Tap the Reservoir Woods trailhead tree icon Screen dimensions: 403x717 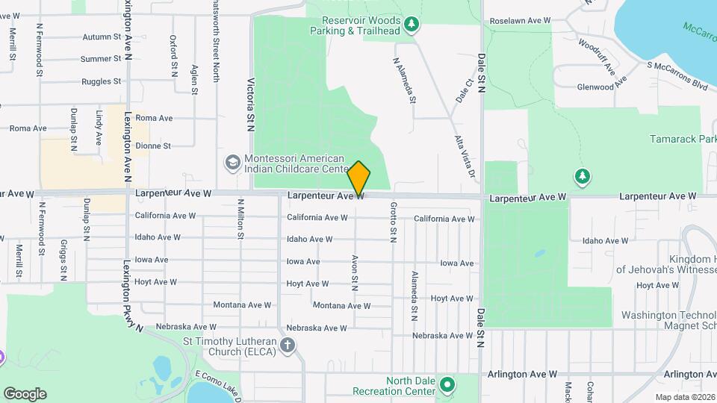(412, 26)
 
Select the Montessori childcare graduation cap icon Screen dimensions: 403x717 (232, 163)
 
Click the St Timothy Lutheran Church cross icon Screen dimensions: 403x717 (288, 345)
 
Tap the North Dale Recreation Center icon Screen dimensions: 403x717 (447, 385)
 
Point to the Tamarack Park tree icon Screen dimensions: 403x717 (583, 176)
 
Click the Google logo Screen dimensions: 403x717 (25, 394)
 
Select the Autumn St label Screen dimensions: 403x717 (102, 37)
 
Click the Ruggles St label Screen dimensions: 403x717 (102, 81)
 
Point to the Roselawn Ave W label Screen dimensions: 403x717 (525, 21)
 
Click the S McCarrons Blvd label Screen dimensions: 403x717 (677, 75)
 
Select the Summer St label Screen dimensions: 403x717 (101, 59)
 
